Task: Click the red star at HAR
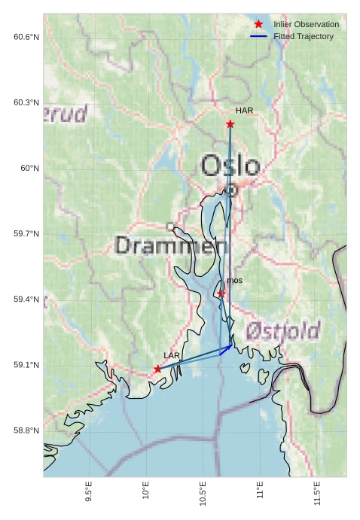pyautogui.click(x=230, y=124)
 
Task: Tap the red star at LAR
pyautogui.click(x=157, y=369)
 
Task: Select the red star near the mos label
pyautogui.click(x=221, y=293)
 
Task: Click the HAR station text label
pyautogui.click(x=244, y=111)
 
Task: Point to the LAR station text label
pyautogui.click(x=172, y=355)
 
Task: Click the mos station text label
pyautogui.click(x=234, y=281)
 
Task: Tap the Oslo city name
pyautogui.click(x=230, y=166)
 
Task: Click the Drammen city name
pyautogui.click(x=172, y=245)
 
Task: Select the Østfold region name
pyautogui.click(x=282, y=330)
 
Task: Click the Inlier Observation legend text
pyautogui.click(x=306, y=25)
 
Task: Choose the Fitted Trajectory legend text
pyautogui.click(x=304, y=36)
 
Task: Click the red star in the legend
pyautogui.click(x=258, y=25)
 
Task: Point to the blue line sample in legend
pyautogui.click(x=258, y=36)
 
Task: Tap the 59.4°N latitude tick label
pyautogui.click(x=26, y=300)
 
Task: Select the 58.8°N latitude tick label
pyautogui.click(x=26, y=430)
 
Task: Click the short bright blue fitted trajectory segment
pyautogui.click(x=225, y=349)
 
